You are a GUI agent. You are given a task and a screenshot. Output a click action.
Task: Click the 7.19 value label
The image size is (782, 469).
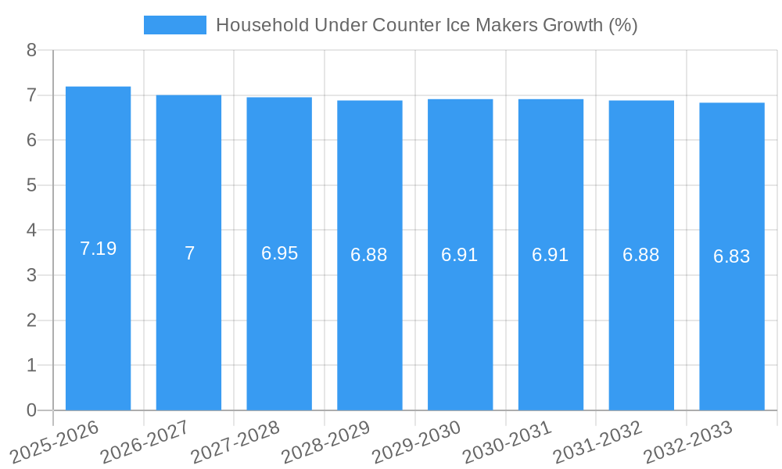[98, 249]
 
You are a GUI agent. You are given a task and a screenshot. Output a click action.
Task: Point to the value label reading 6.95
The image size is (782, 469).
[279, 253]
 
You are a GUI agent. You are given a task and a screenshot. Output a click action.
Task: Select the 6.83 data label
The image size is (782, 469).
[732, 256]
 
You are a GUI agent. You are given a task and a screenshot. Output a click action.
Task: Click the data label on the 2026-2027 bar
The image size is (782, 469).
[189, 253]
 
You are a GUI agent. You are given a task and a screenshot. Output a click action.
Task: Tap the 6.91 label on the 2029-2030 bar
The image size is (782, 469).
[460, 255]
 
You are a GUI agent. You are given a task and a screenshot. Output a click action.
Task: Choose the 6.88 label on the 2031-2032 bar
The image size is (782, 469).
[641, 255]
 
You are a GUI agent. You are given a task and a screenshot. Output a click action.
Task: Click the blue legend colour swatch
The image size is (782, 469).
[175, 25]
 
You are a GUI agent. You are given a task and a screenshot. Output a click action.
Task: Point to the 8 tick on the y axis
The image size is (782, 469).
[31, 50]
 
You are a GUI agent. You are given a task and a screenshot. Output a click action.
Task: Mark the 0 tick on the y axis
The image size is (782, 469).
[31, 410]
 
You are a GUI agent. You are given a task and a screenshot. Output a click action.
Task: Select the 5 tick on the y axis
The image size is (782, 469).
[31, 185]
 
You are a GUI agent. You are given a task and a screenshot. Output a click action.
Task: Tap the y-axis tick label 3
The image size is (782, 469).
[31, 275]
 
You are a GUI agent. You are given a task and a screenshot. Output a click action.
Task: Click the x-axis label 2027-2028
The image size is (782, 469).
[235, 442]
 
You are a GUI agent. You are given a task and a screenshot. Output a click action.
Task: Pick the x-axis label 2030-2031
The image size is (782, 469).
[506, 442]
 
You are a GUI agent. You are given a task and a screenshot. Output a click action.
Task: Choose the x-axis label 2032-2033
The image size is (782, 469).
[687, 442]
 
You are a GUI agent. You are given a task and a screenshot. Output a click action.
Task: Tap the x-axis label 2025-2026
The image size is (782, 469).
[54, 442]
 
